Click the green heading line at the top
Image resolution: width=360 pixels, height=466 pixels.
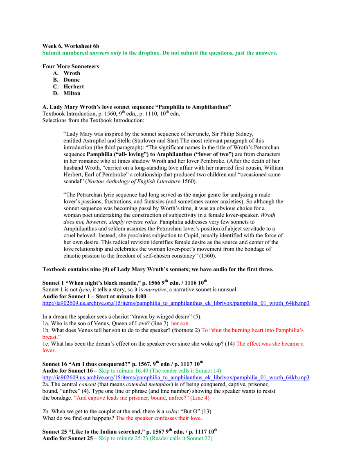[159, 52]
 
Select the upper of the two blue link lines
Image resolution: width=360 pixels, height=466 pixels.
[175, 303]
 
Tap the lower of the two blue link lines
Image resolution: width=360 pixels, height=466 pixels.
[175, 378]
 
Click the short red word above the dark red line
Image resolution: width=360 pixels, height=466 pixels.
[180, 324]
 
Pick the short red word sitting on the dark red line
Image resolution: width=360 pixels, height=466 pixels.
[51, 337]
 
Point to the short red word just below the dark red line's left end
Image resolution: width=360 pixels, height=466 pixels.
[49, 351]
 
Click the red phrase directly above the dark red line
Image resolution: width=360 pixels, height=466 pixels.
[252, 330]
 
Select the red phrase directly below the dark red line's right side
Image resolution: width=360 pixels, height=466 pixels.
[270, 344]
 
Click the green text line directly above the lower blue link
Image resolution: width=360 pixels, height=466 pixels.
[160, 370]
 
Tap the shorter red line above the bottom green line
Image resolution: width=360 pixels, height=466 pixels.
[159, 418]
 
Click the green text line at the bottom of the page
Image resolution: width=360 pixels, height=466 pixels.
[156, 439]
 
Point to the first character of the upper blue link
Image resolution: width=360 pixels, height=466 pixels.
[42, 303]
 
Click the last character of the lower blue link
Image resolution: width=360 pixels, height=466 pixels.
[309, 378]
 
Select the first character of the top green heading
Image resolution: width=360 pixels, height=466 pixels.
[42, 52]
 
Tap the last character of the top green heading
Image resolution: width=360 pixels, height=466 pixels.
[277, 52]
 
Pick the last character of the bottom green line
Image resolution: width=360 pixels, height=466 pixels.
[214, 439]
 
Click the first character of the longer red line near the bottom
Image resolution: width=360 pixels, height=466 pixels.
[74, 397]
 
